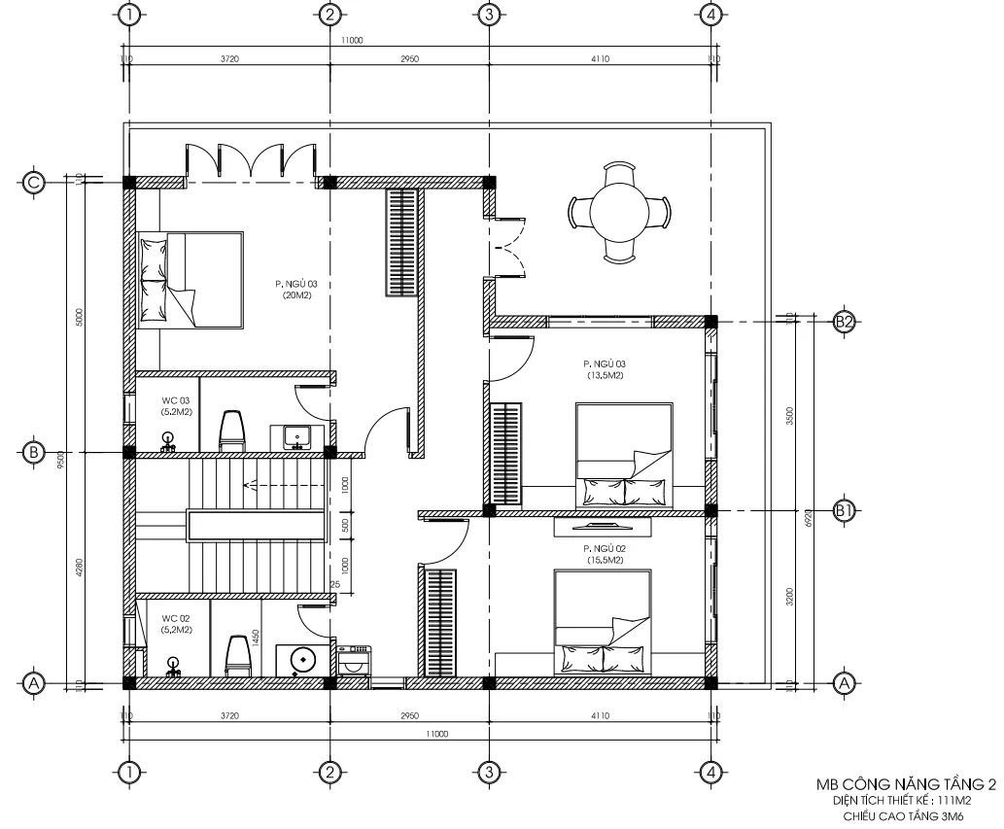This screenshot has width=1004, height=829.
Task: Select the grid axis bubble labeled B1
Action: [x=844, y=510]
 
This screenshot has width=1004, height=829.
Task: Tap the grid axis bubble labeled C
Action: [x=34, y=182]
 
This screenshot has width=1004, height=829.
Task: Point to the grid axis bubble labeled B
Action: [x=34, y=452]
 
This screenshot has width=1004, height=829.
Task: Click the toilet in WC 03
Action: [x=232, y=431]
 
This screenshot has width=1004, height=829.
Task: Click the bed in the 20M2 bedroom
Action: [x=190, y=279]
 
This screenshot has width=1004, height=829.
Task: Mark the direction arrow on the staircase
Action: [x=255, y=483]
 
